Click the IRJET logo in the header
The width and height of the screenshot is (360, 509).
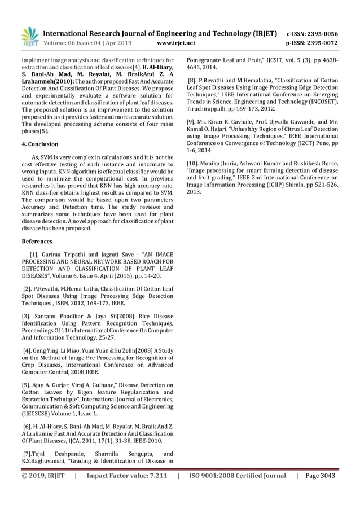point(29,36)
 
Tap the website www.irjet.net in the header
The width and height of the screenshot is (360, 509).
point(177,42)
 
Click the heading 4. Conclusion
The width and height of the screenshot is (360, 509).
point(39,144)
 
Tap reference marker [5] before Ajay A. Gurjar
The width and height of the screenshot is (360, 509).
point(26,386)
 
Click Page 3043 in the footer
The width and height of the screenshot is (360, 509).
point(320,476)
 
